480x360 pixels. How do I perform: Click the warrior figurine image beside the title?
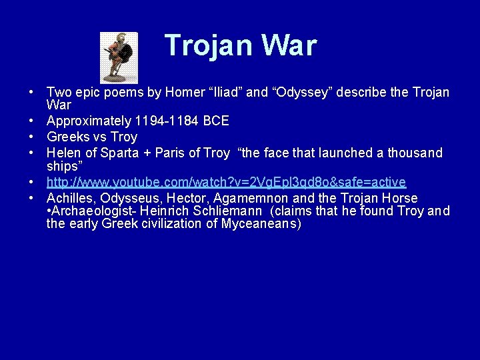(x=119, y=57)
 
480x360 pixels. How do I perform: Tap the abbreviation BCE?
(x=216, y=121)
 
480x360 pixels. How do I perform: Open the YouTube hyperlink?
(x=226, y=182)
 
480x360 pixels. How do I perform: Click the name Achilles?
(x=70, y=198)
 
